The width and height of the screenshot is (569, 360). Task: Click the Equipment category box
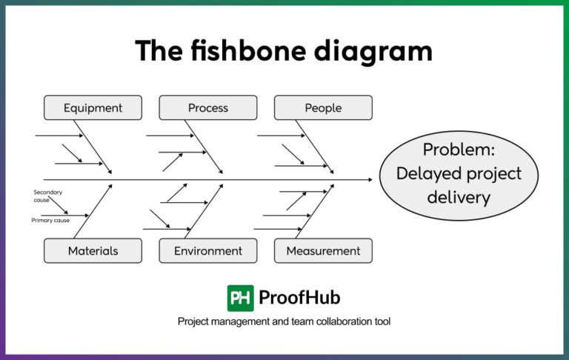(93, 108)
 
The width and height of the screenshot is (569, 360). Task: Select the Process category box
(208, 108)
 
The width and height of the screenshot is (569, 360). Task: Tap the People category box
(323, 108)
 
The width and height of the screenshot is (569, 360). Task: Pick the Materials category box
(93, 251)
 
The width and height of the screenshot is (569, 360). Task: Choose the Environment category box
(208, 251)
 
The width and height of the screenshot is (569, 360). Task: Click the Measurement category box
(323, 251)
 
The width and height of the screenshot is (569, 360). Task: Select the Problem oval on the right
(458, 174)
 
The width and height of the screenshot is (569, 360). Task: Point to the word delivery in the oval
(458, 198)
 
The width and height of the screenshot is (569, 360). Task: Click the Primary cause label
(50, 220)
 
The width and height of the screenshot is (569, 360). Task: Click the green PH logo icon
(240, 298)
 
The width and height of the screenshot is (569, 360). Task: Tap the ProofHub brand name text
(299, 298)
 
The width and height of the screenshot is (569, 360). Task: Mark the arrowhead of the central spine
(370, 179)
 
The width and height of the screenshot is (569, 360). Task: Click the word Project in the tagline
(194, 321)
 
